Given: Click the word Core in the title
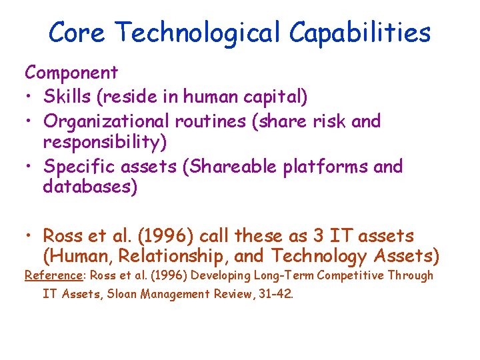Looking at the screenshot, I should pos(76,32).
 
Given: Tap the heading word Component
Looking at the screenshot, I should pos(71,73).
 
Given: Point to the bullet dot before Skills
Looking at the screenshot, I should pos(29,98).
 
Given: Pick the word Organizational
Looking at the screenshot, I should pos(106,122).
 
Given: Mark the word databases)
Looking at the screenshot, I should pos(90,188).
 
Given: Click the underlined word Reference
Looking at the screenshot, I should pos(51,275).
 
